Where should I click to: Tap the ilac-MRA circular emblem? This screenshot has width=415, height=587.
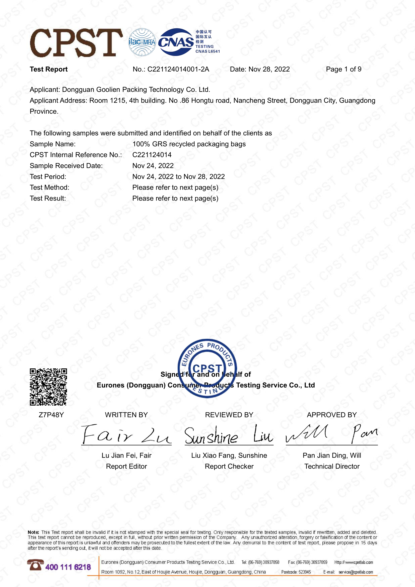142,42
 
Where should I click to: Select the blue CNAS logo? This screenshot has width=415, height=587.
176,42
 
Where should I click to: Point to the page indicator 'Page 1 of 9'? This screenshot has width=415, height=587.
343,69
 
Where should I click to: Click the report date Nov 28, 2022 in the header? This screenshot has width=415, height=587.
269,69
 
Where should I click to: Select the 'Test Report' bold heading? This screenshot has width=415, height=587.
49,69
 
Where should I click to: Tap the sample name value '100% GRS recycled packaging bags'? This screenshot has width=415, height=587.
189,144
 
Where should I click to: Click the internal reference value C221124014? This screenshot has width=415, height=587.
152,155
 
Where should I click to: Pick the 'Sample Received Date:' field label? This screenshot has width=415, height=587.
66,166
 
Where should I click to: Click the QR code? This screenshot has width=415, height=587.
48,387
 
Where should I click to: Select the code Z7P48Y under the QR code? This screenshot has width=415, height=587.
51,415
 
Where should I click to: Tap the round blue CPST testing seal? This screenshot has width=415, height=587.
207,368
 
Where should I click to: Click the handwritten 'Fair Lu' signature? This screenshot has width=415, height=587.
126,434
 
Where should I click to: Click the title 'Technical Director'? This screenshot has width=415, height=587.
332,466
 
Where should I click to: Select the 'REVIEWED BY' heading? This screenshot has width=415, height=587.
229,415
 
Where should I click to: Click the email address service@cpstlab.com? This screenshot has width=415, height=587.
356,572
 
